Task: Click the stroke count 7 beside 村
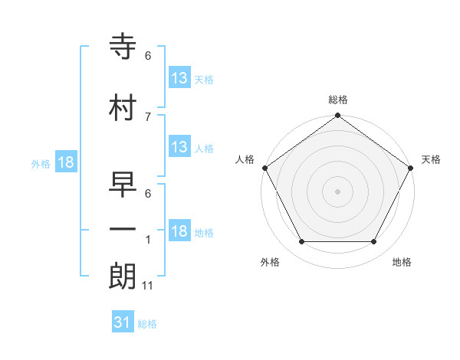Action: [x=148, y=116]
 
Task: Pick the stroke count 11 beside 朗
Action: [x=148, y=286]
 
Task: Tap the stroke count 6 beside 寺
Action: [x=148, y=56]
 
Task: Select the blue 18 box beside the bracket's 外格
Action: [x=65, y=162]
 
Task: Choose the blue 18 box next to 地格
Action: [x=179, y=231]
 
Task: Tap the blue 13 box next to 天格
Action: [x=179, y=79]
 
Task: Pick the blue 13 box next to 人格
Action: [x=179, y=147]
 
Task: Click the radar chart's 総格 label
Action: [x=338, y=100]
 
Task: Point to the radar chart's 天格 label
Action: [x=432, y=159]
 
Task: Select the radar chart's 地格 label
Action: [x=402, y=263]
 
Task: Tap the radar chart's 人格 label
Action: [x=245, y=159]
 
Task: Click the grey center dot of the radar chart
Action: [x=338, y=191]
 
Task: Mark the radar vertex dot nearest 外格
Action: [x=301, y=242]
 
